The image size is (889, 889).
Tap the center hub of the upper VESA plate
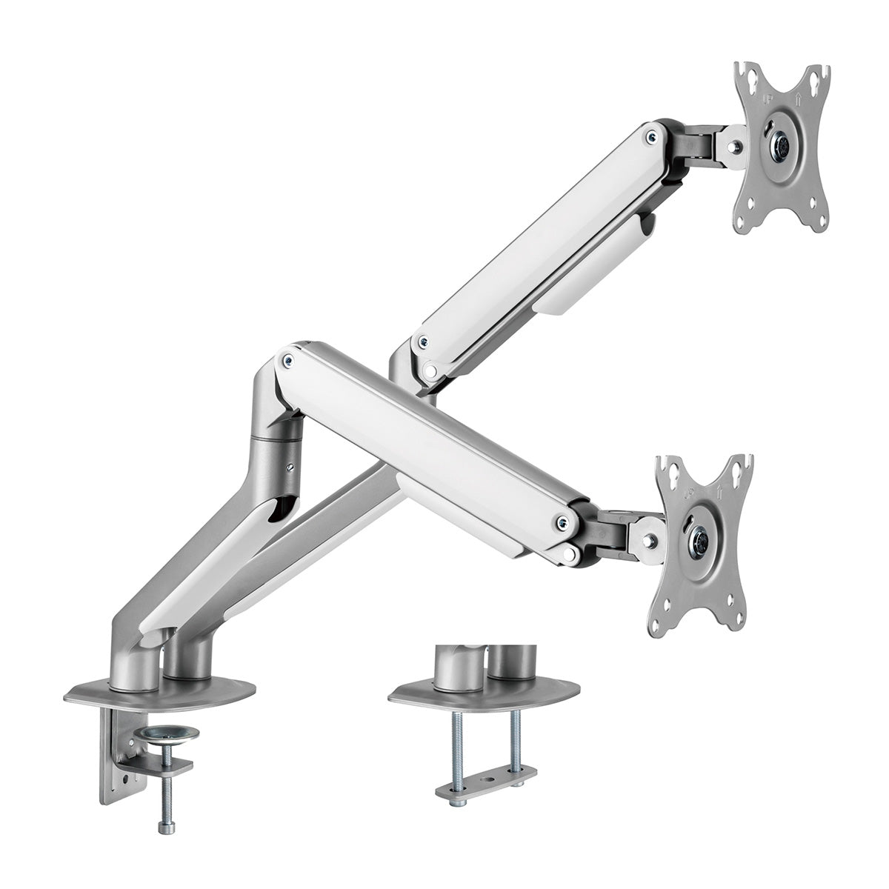tap(781, 141)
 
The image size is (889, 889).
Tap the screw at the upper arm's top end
tap(651, 136)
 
